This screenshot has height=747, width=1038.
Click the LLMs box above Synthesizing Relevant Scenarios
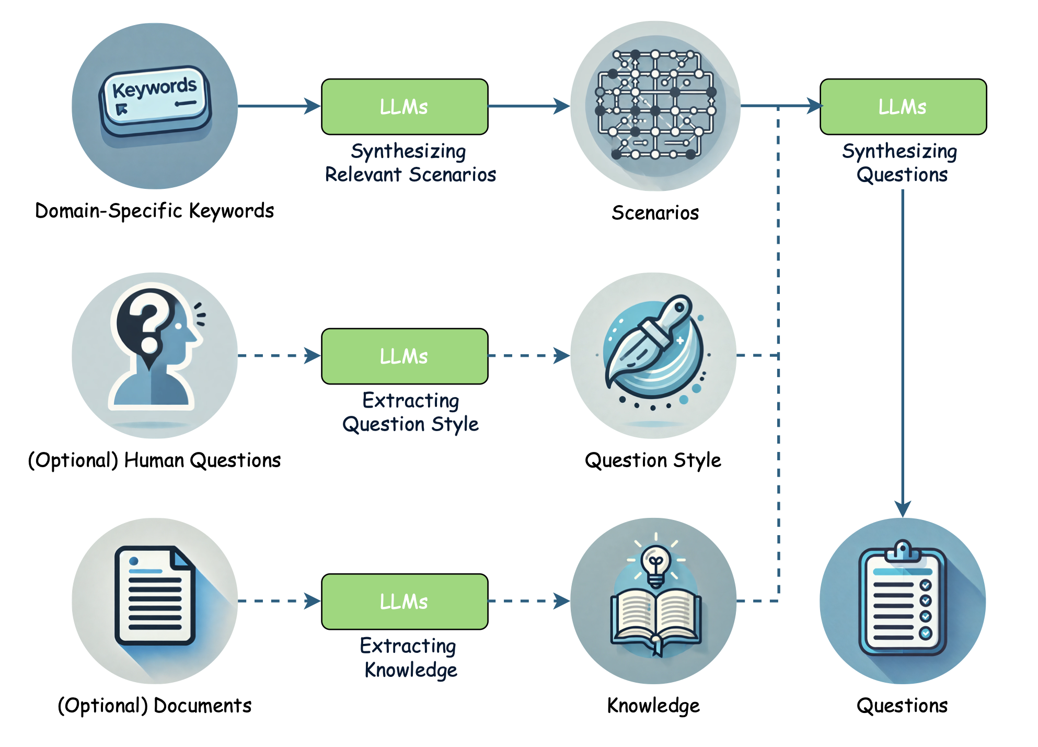(405, 107)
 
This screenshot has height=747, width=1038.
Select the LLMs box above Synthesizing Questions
(903, 107)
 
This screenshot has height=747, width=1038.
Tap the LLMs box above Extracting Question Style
(405, 356)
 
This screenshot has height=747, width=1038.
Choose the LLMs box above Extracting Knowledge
(405, 602)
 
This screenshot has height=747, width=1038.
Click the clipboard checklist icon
(903, 599)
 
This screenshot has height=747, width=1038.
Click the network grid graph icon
(655, 105)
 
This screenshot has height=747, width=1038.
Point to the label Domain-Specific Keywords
(154, 211)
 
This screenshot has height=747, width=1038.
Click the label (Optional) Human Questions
(154, 460)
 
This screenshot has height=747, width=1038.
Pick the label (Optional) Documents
(154, 706)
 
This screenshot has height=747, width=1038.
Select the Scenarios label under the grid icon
(655, 213)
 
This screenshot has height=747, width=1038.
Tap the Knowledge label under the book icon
(653, 706)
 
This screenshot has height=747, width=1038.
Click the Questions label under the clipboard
(902, 706)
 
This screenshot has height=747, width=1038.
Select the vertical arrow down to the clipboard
(903, 350)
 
